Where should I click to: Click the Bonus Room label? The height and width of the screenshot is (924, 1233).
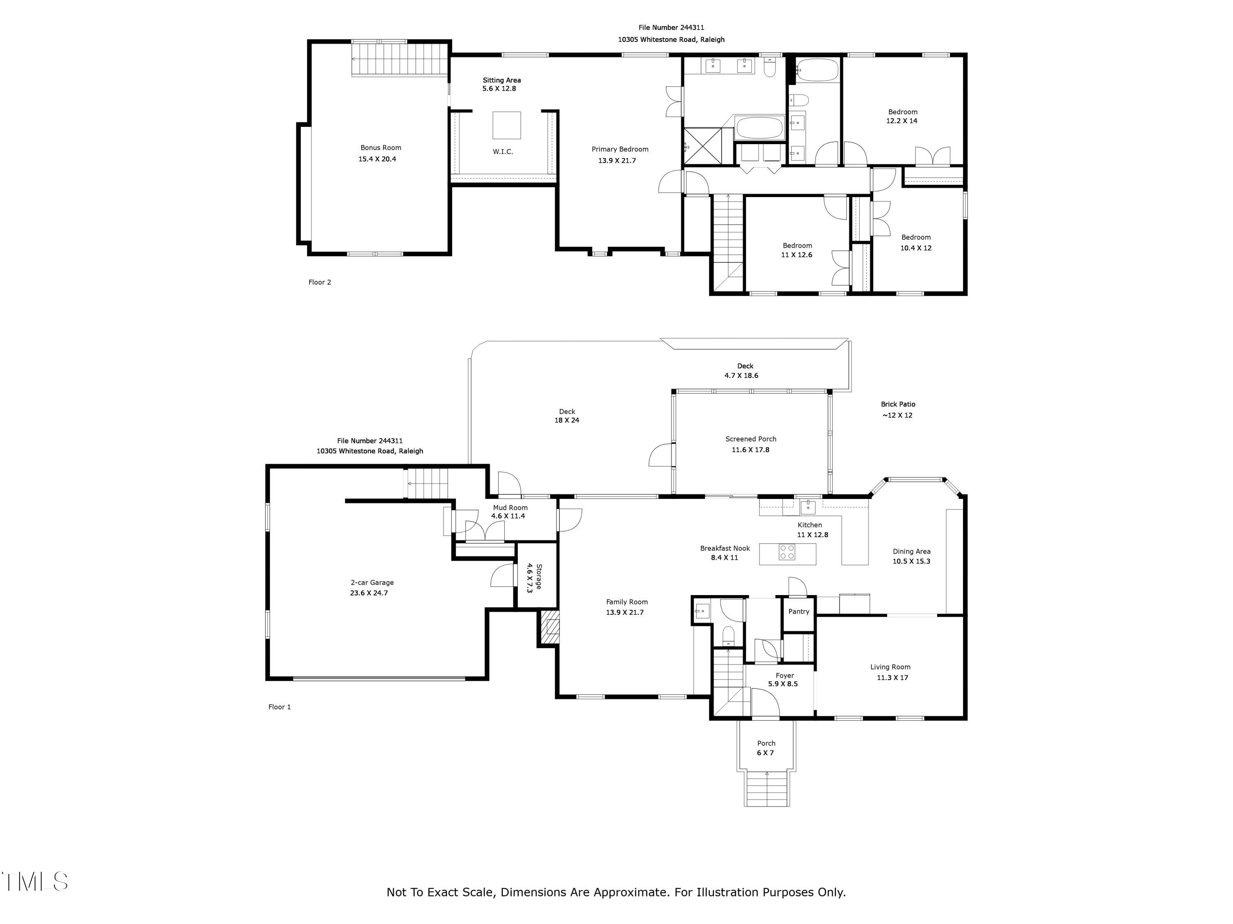[x=381, y=147]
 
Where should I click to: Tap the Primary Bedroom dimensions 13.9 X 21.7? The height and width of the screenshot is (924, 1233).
[x=617, y=161]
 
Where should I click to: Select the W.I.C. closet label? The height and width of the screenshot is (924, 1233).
[x=503, y=152]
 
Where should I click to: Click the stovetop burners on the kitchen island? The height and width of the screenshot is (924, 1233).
[x=787, y=552]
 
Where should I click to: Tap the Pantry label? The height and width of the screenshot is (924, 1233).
[x=799, y=611]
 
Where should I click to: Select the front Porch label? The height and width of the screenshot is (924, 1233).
[x=766, y=743]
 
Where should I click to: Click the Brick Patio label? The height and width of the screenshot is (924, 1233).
[x=898, y=405]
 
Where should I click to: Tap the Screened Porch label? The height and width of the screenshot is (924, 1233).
[x=751, y=439]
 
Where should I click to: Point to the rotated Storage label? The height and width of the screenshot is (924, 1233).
[x=539, y=577]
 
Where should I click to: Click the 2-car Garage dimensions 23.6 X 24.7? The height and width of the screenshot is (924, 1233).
[x=369, y=593]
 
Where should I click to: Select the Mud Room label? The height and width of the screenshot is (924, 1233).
[x=510, y=508]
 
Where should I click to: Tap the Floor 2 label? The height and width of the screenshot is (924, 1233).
[x=319, y=283]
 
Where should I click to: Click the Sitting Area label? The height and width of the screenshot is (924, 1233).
[x=502, y=80]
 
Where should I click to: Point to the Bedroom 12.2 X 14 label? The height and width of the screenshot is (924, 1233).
[x=903, y=112]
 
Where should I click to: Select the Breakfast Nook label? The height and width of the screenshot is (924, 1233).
[x=725, y=549]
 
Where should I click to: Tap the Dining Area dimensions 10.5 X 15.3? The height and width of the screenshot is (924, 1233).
[x=911, y=561]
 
